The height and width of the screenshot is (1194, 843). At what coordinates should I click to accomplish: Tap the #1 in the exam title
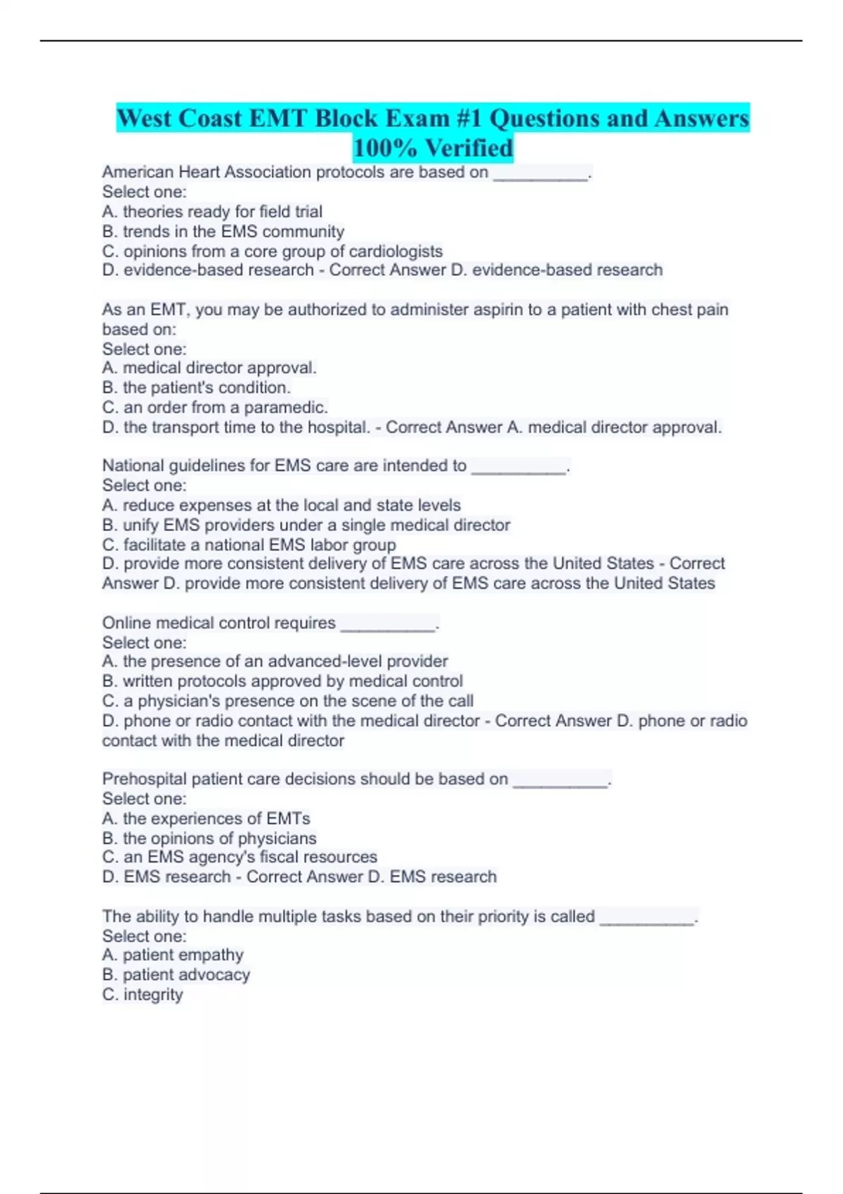pyautogui.click(x=469, y=118)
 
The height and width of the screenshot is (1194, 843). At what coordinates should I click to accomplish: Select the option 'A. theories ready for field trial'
pyautogui.click(x=212, y=211)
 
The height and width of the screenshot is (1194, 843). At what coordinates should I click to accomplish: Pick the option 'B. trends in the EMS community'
pyautogui.click(x=223, y=232)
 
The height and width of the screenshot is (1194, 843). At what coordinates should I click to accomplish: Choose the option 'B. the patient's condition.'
pyautogui.click(x=197, y=388)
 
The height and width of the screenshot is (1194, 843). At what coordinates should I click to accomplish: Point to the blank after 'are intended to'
pyautogui.click(x=519, y=466)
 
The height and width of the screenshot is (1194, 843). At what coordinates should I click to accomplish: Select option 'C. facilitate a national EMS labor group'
pyautogui.click(x=249, y=545)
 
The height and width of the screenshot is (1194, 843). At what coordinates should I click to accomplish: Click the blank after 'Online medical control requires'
pyautogui.click(x=388, y=624)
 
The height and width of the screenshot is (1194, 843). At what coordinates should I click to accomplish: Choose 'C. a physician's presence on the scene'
pyautogui.click(x=288, y=701)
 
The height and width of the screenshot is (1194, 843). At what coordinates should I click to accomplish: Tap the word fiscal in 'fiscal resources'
pyautogui.click(x=282, y=857)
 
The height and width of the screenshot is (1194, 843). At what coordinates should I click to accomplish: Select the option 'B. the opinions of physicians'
pyautogui.click(x=209, y=839)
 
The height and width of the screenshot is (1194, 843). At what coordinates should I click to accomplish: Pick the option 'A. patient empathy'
pyautogui.click(x=173, y=955)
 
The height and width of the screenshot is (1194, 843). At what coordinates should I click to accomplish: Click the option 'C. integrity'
pyautogui.click(x=143, y=995)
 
